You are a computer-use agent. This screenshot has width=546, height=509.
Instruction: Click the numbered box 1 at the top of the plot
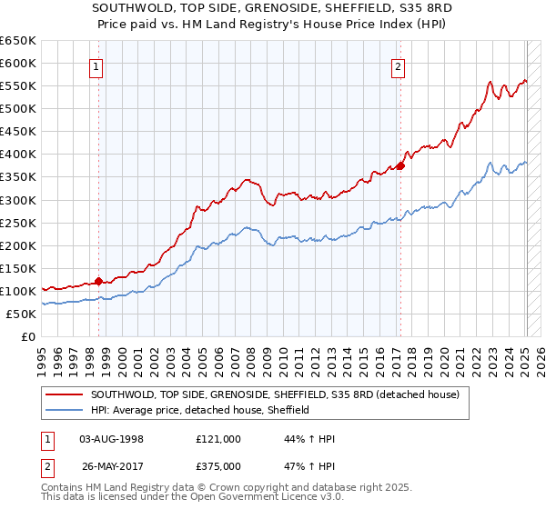click(96, 65)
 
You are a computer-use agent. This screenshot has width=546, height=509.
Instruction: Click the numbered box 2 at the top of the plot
click(399, 65)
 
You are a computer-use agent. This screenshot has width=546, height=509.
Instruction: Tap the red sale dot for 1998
click(98, 281)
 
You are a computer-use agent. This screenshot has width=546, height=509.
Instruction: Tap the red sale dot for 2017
click(400, 165)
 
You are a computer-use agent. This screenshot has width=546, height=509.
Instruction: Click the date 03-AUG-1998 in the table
click(111, 439)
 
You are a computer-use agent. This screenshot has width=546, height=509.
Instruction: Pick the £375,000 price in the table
click(218, 465)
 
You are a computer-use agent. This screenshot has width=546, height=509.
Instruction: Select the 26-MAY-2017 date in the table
click(111, 465)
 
